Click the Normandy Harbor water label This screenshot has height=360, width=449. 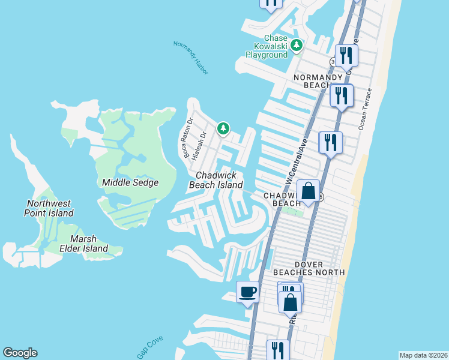point(190,58)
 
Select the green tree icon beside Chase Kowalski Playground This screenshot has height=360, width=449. point(296,45)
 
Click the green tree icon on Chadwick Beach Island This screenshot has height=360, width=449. point(223,128)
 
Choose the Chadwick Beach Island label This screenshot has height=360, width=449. point(216,180)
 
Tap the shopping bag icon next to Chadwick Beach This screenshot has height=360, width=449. point(308,191)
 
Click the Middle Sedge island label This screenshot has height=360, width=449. point(130,182)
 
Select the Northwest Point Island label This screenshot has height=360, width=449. point(49,208)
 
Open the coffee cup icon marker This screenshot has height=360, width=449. point(247,292)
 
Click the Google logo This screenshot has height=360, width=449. point(20,353)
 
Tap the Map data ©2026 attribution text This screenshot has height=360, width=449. point(423,355)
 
